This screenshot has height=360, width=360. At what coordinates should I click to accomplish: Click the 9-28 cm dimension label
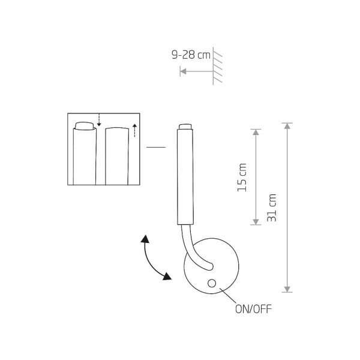click(191, 55)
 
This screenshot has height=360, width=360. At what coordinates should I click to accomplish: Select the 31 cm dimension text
click(272, 207)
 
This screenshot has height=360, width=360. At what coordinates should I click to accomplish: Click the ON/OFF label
click(251, 310)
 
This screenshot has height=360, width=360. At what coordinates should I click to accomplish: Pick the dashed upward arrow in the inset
click(135, 129)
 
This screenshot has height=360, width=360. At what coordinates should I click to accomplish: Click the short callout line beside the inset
click(156, 147)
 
